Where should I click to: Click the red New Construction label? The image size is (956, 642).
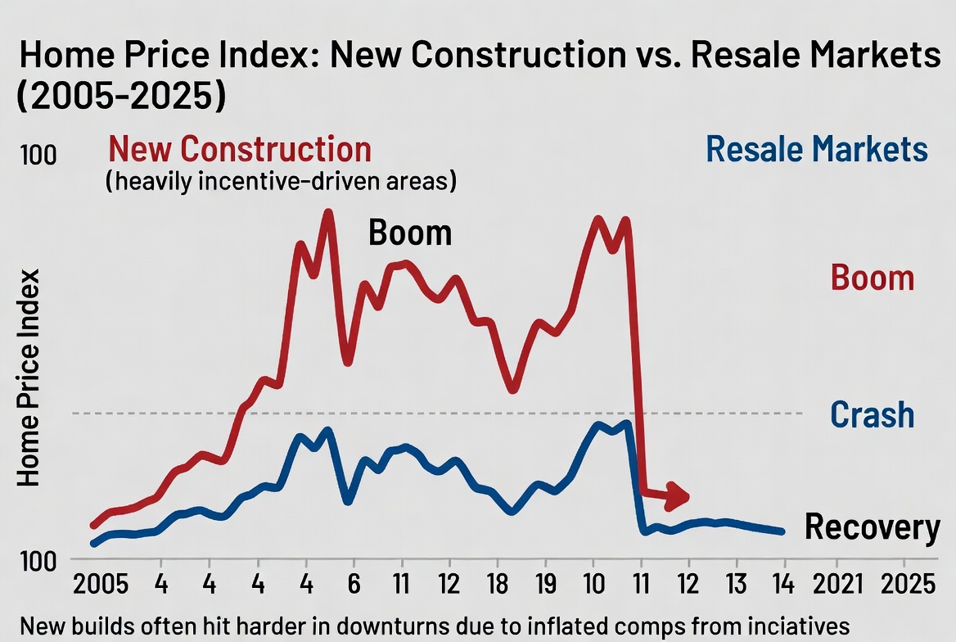[x=239, y=150]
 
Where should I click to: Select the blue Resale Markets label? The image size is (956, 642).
[x=816, y=150]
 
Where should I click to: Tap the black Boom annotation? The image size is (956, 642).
[x=410, y=233]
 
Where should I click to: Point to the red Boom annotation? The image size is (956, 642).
[x=872, y=278]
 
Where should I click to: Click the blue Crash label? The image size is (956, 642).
[x=872, y=415]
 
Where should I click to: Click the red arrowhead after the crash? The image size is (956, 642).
[x=679, y=495]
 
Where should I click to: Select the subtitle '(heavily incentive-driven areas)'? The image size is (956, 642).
[x=281, y=181]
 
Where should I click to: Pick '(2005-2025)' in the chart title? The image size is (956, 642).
[x=121, y=95]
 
